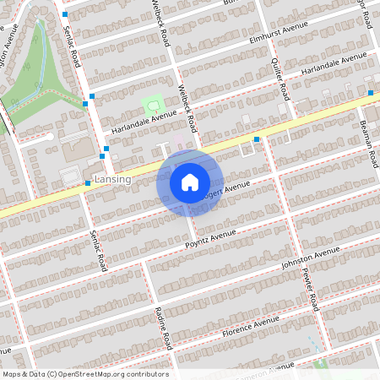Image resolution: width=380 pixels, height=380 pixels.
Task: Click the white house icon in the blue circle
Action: coord(190,182)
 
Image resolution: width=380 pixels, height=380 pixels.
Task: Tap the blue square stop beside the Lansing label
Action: coord(88,182)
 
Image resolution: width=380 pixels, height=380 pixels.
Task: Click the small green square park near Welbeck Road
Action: coord(152,105)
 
